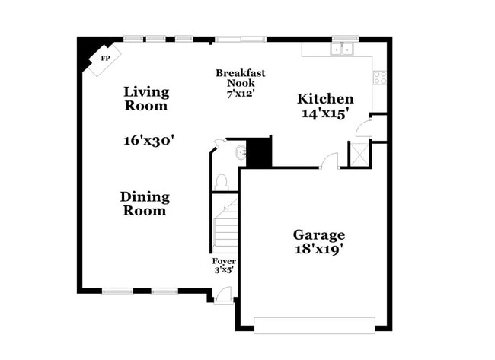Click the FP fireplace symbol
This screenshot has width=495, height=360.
pos(105,58)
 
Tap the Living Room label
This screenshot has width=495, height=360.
pos(146,99)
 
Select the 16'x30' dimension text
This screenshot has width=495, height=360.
pos(149,140)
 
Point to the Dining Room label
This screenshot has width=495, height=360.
pos(145,203)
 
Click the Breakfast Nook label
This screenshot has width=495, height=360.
pos(241,78)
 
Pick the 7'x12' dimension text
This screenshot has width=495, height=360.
pos(240,94)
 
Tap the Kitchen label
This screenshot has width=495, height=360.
pos(325,99)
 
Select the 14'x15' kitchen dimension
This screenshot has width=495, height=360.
pos(325,113)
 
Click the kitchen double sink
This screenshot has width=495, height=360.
pos(341,49)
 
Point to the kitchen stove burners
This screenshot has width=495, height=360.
pos(378,76)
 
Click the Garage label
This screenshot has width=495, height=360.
pos(319,235)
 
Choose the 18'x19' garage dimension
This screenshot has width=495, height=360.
pos(319,250)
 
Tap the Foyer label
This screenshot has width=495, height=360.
pos(223,261)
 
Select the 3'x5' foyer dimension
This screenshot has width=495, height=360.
pos(223,269)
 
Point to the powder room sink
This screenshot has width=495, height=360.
pos(242,151)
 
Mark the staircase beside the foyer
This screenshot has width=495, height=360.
pos(225,225)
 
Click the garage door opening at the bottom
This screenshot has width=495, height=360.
pos(315,325)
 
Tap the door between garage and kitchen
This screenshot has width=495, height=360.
pos(329,161)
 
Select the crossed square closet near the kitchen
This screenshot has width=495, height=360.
pos(358,153)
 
